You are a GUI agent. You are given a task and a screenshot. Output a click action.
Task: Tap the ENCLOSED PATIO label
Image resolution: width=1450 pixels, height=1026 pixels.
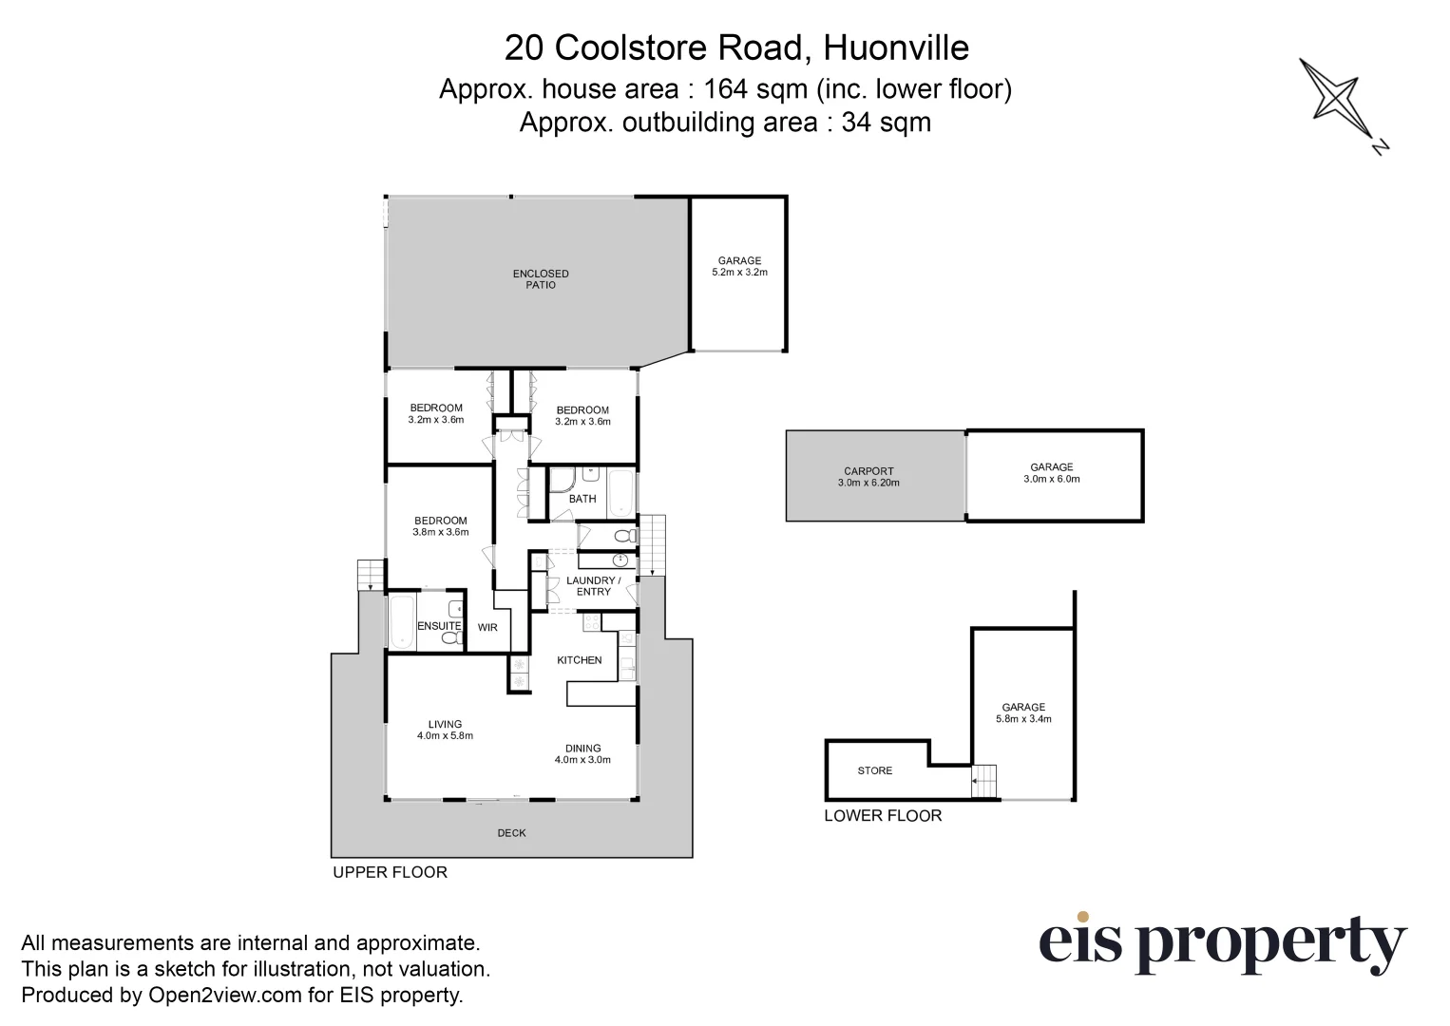click(x=541, y=279)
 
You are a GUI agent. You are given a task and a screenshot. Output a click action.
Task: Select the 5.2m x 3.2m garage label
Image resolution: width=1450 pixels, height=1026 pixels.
click(x=739, y=266)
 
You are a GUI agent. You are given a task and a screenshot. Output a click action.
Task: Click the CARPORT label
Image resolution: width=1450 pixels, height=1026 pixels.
click(x=868, y=477)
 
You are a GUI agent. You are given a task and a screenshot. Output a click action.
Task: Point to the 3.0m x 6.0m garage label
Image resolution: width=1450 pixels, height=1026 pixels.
click(x=1052, y=473)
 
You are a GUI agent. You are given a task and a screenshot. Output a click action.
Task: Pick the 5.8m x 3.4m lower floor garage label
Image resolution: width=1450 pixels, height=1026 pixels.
click(x=1023, y=712)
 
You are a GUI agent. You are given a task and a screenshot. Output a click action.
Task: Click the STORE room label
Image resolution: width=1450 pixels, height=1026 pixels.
click(x=874, y=770)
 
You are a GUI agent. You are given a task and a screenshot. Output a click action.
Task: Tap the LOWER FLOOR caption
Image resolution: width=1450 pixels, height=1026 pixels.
click(x=883, y=815)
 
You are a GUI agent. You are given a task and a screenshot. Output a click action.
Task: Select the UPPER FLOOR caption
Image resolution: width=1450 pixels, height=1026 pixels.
click(x=390, y=872)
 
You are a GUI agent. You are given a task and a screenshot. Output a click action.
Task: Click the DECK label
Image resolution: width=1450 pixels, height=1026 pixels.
click(x=511, y=833)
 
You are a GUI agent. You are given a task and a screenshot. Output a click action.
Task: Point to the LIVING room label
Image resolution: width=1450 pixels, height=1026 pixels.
click(x=445, y=730)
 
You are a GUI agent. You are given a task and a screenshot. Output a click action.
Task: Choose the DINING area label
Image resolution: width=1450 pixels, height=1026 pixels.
click(x=582, y=753)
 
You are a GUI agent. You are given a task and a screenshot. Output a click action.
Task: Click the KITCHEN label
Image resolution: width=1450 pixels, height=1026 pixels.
click(x=580, y=660)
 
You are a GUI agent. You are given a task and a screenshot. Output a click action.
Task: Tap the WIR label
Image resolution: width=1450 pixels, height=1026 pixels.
click(x=487, y=627)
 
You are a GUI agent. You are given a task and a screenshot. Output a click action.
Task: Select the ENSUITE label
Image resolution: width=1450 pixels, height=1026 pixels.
click(x=439, y=626)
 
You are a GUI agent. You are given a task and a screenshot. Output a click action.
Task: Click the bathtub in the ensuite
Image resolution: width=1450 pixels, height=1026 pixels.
click(x=401, y=622)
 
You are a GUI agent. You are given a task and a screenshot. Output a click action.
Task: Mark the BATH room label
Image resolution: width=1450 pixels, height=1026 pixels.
click(x=582, y=499)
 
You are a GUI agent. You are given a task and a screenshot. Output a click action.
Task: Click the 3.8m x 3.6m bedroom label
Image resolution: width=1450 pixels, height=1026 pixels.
click(x=441, y=526)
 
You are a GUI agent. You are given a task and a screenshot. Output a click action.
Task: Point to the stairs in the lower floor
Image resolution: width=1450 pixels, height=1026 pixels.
click(x=983, y=781)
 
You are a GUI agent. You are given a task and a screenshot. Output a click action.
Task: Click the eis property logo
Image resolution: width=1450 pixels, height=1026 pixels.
click(x=1222, y=943)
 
